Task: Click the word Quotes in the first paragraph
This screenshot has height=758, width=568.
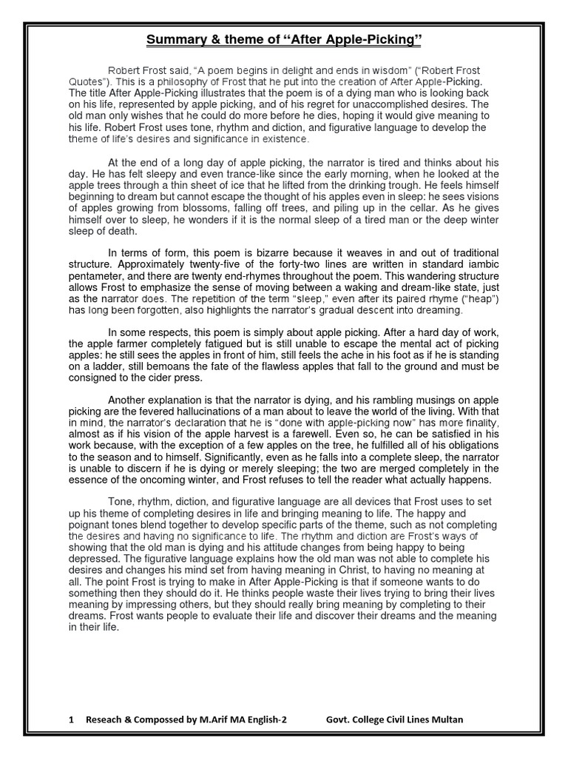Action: (x=88, y=81)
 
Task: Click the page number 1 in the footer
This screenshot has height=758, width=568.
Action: (x=70, y=720)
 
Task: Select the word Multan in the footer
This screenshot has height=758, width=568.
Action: (x=446, y=720)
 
